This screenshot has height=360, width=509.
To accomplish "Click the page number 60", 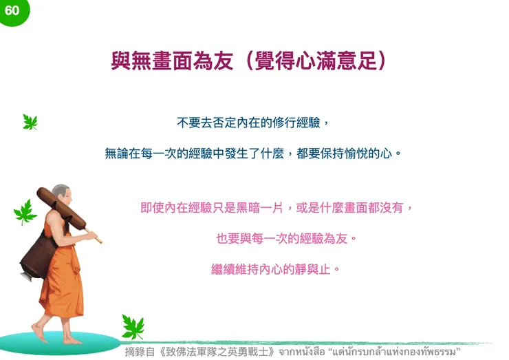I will click(x=12, y=10).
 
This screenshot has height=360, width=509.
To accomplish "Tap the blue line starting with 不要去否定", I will click(x=254, y=124).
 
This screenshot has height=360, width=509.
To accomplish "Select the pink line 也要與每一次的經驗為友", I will click(x=287, y=238).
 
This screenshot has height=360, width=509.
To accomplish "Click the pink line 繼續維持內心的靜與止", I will click(x=276, y=269).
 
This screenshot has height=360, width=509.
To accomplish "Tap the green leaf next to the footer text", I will click(x=132, y=327).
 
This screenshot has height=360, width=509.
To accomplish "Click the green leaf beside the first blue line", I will click(x=30, y=123).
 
